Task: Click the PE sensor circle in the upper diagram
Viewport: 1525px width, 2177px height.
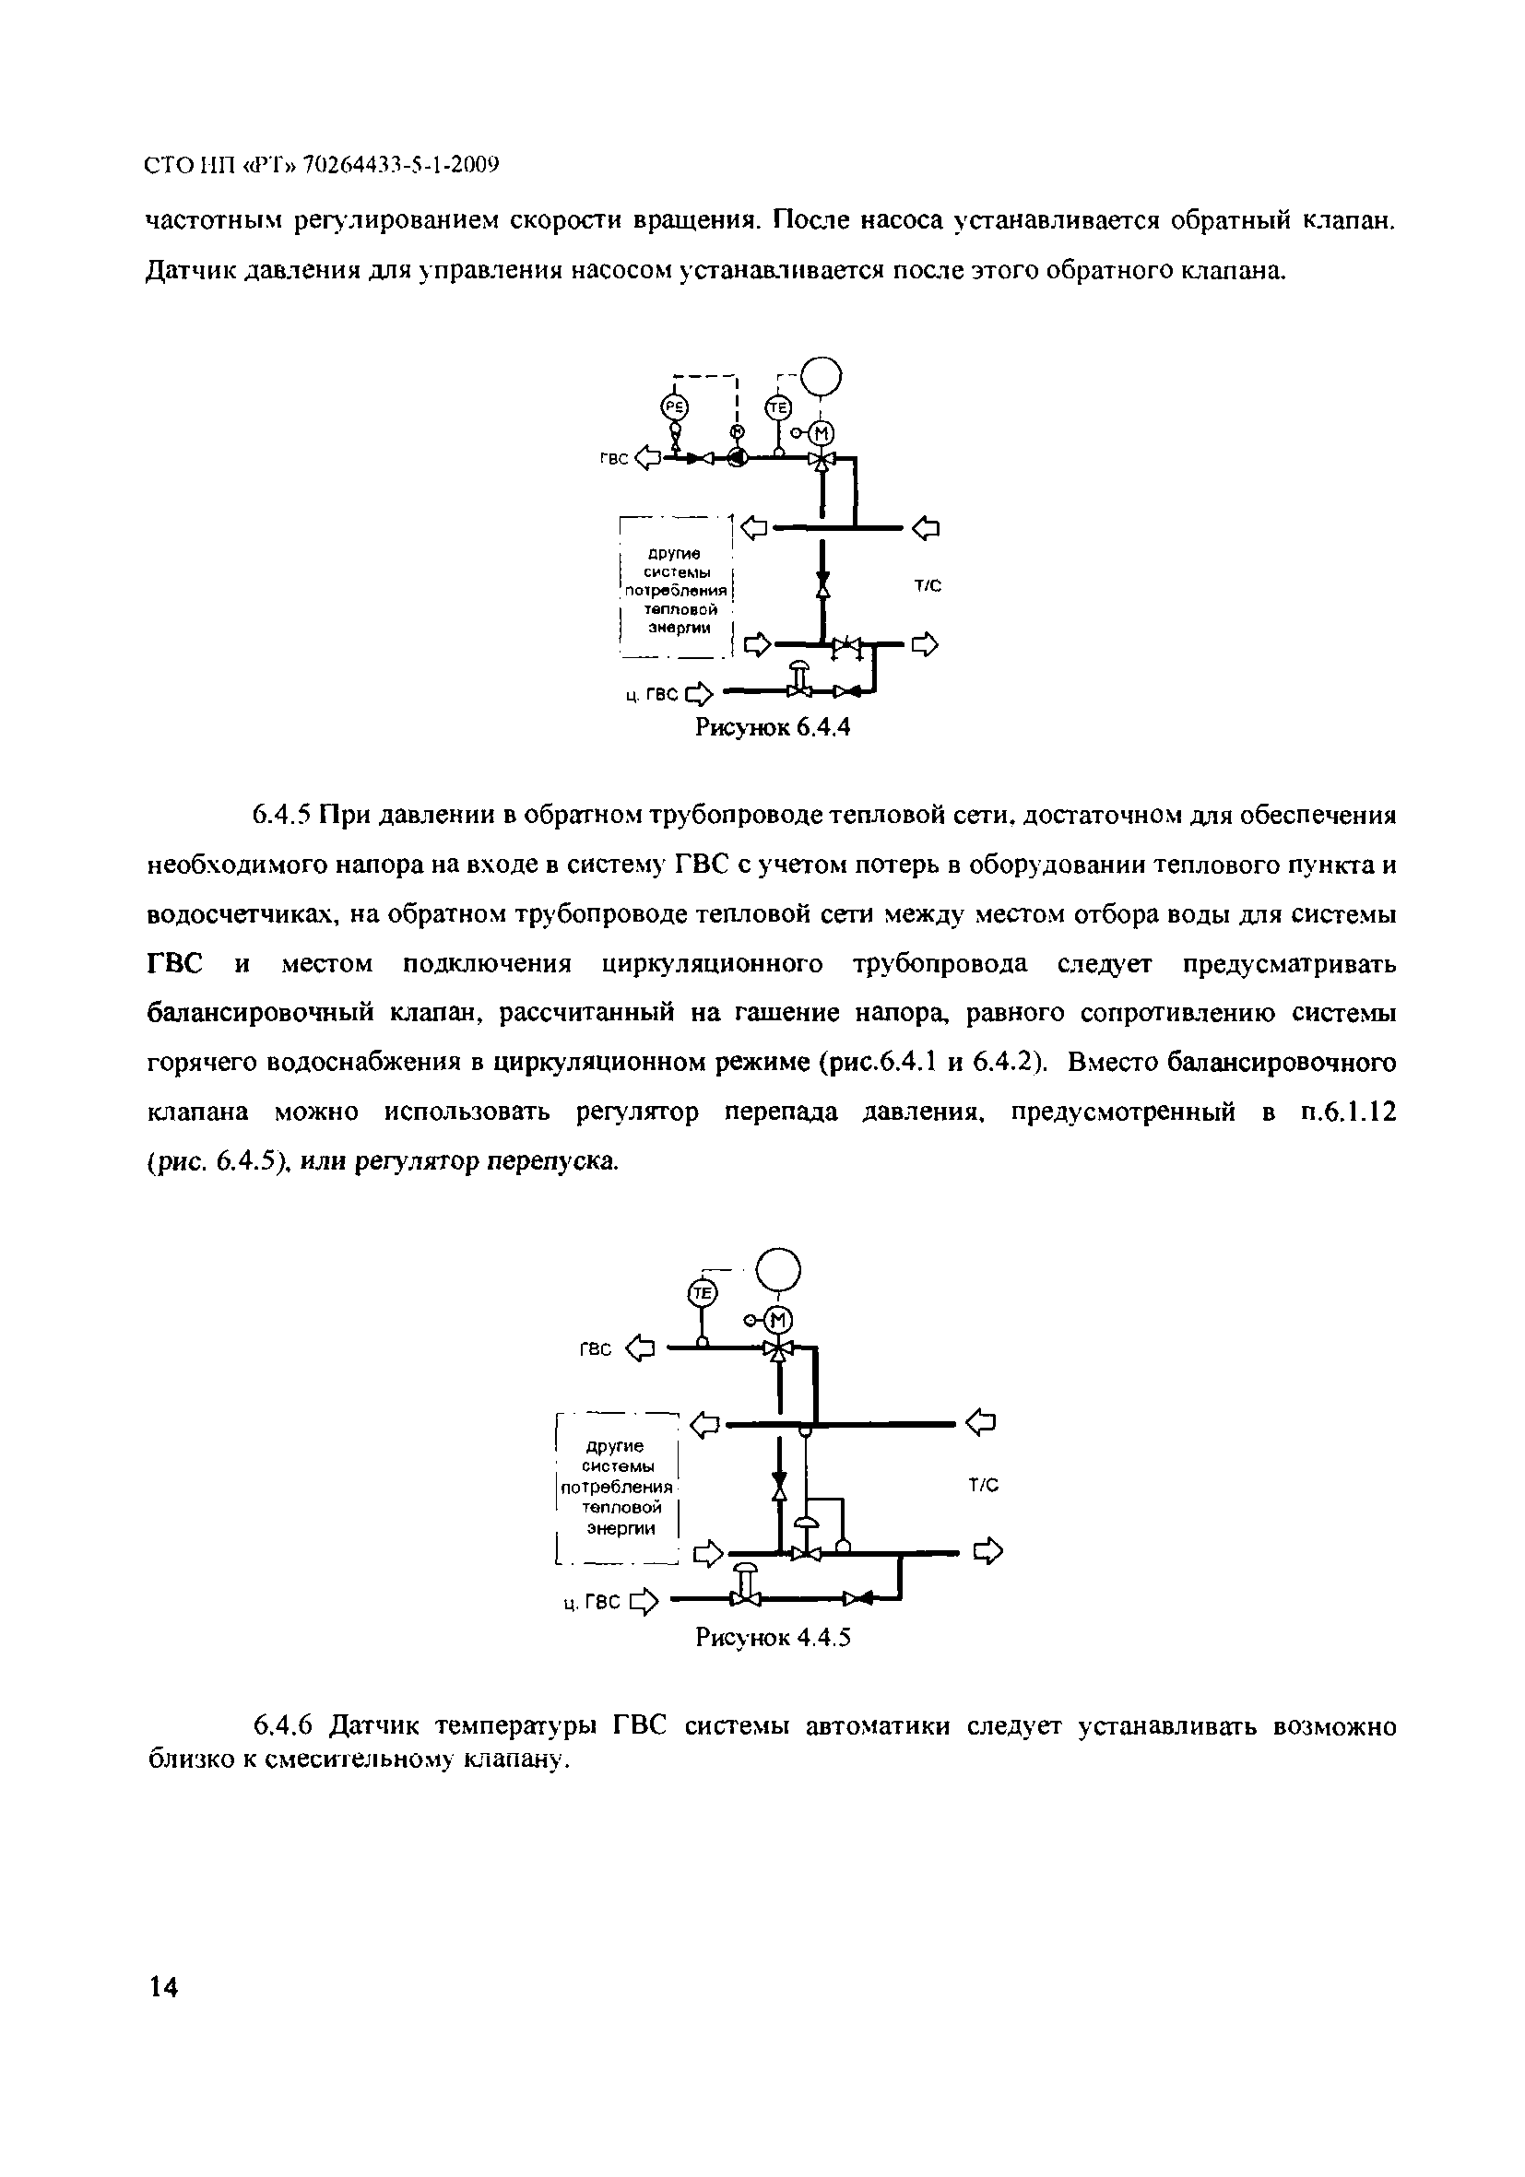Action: pos(674,406)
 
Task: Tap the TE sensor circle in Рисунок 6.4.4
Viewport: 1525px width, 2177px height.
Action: pos(777,407)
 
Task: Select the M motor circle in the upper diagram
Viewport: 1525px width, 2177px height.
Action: pos(822,433)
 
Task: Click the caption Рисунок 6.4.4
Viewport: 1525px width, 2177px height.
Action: pos(773,727)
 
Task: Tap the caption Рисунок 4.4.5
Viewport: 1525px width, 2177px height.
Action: pos(773,1638)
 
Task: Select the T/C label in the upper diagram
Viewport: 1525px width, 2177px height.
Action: pos(928,586)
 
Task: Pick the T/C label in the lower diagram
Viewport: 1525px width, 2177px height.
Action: pos(984,1486)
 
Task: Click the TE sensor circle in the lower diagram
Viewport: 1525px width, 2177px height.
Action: pos(702,1293)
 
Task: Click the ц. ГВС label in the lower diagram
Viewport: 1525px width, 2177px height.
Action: pos(591,1603)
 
